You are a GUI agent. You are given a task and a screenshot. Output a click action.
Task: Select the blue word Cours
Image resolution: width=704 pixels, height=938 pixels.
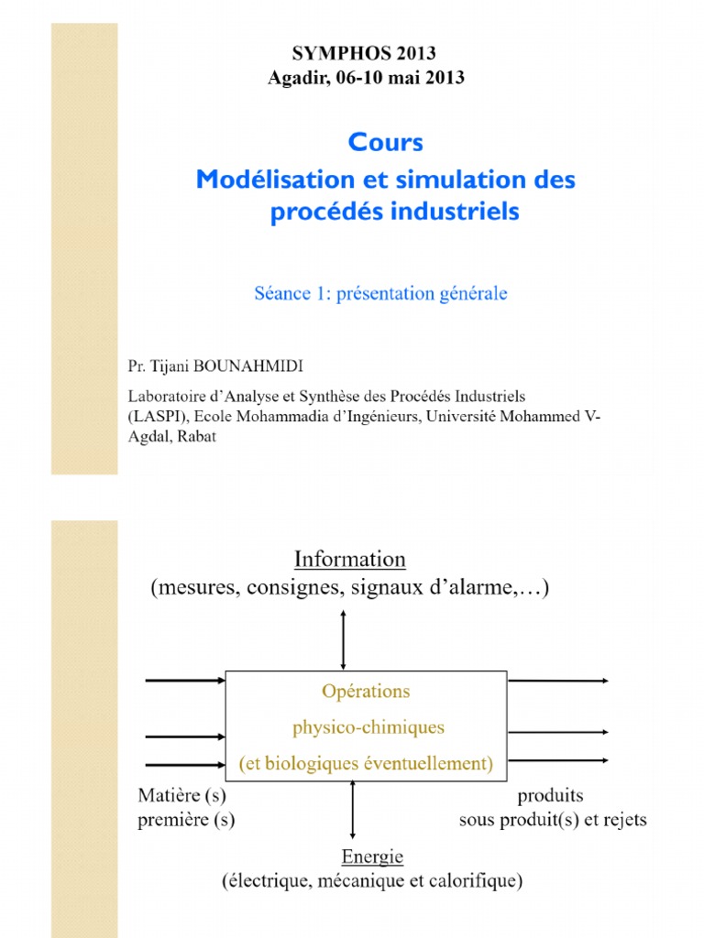click(386, 143)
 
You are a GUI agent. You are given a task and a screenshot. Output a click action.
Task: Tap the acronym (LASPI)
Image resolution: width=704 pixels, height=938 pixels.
click(157, 417)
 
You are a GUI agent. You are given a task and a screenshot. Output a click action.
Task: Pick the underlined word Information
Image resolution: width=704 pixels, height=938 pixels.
click(349, 559)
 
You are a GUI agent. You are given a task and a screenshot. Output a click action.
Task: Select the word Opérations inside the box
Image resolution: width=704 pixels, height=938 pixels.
click(366, 691)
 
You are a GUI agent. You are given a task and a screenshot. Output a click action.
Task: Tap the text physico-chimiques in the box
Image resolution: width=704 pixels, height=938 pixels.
click(368, 727)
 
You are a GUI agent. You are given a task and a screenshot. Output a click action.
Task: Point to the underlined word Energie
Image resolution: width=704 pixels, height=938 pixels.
click(372, 856)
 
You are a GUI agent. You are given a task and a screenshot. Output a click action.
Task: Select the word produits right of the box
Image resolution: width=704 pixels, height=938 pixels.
click(550, 795)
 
